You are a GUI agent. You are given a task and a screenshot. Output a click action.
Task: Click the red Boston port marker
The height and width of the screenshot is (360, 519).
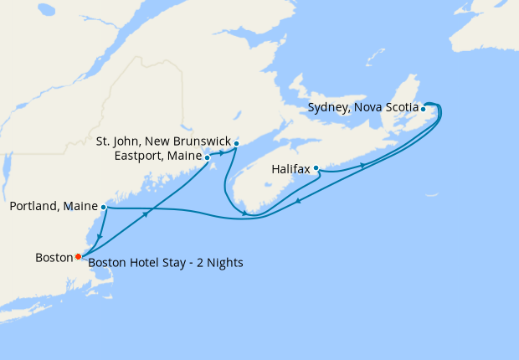tap(78, 256)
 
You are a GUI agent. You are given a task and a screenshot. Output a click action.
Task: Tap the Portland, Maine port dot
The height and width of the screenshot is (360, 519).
tap(103, 207)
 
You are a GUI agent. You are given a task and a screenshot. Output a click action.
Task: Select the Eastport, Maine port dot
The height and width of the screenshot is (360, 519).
tap(207, 157)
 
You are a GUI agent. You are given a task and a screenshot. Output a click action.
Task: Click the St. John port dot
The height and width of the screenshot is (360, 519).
tap(237, 143)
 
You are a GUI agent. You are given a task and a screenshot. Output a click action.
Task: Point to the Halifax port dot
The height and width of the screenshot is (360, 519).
tap(316, 168)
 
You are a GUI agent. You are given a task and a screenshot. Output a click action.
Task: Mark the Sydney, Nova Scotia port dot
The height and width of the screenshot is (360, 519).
tap(423, 109)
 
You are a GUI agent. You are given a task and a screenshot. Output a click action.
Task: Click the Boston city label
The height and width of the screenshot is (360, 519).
tap(54, 257)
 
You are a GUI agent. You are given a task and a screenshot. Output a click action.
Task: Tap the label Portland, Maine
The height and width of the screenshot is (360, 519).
tap(53, 207)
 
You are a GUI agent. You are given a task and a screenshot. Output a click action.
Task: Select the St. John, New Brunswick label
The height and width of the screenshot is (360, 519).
tap(162, 141)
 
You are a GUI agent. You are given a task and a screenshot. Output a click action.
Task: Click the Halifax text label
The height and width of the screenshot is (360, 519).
tap(290, 169)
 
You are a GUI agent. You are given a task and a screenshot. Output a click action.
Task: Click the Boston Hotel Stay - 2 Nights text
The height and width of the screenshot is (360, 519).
tap(166, 263)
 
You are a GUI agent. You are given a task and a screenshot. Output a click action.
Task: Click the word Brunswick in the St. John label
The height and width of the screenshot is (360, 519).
tap(200, 141)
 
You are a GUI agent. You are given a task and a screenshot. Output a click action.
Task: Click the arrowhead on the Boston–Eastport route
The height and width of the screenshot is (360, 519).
tap(146, 215)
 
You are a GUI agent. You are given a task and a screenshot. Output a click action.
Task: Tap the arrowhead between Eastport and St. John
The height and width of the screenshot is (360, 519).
tap(222, 152)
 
